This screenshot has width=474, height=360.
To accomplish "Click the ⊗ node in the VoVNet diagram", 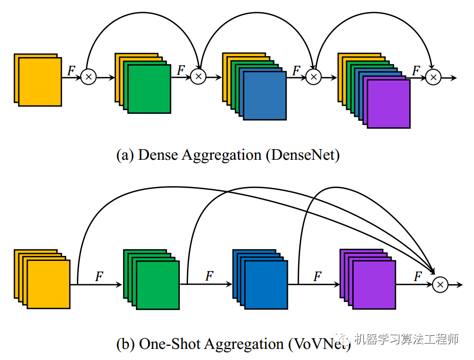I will click(440, 285).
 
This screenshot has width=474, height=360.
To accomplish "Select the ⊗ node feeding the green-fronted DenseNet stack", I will click(88, 77).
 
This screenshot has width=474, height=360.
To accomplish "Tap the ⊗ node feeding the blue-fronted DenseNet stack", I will click(199, 77).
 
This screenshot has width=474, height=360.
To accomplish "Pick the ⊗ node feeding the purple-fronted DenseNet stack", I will click(314, 77).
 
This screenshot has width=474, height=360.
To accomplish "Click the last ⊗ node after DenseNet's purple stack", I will click(433, 77).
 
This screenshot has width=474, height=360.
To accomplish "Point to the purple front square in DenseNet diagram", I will click(389, 104).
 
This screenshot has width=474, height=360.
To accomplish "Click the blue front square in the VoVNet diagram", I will click(266, 285).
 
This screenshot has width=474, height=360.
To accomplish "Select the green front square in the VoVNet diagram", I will click(158, 285).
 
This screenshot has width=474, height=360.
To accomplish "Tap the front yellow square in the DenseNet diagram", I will click(40, 81).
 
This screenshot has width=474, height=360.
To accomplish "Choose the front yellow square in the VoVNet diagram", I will click(49, 285).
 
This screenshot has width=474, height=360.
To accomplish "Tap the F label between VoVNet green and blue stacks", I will click(209, 276).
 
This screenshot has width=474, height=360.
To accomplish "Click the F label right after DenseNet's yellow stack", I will click(72, 70).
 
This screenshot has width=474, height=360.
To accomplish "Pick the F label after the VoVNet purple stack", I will click(418, 276).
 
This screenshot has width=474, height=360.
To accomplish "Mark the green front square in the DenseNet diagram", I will click(150, 89).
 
